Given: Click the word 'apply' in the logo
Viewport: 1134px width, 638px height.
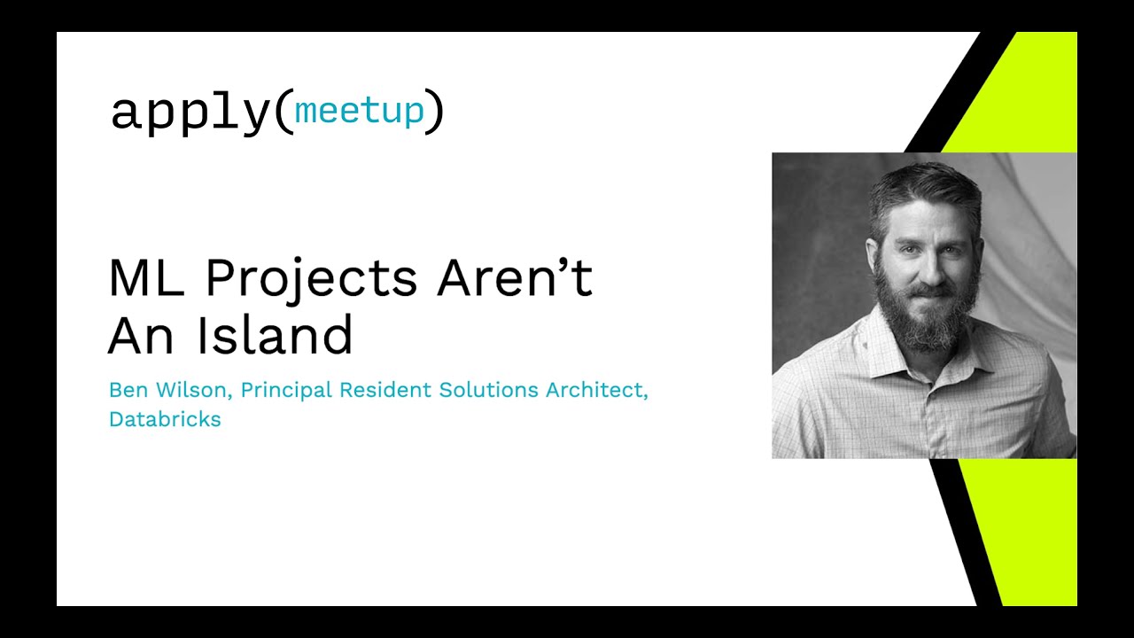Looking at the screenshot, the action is pos(190,114).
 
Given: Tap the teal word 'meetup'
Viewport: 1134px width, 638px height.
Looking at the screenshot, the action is pos(359,111).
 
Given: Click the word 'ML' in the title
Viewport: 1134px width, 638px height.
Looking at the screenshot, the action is pos(146,277).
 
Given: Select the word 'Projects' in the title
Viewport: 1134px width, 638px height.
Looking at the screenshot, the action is pos(311,281).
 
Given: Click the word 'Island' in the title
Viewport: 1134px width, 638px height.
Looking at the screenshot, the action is pos(275,334).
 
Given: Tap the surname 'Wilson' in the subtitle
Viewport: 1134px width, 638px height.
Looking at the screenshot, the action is pos(193,391).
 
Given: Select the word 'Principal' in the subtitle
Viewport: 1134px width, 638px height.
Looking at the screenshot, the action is pos(286,391).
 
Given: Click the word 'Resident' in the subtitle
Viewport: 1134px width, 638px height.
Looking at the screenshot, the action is pos(385,390).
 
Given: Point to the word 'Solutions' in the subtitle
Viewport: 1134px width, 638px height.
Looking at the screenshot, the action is pos(488,390).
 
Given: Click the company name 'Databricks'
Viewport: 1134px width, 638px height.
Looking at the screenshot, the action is pos(165,419).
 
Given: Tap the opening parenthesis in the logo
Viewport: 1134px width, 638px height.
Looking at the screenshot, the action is pos(284,112).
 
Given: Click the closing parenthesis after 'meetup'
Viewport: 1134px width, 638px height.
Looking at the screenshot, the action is pos(434,112).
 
